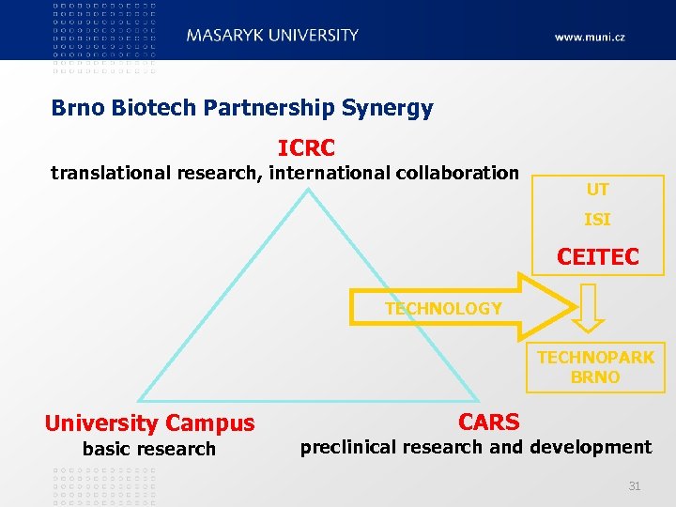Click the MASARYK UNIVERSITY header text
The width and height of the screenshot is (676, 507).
click(272, 36)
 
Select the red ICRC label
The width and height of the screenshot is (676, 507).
click(306, 148)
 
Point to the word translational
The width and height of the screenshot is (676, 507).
click(109, 173)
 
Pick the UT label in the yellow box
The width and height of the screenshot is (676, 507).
click(597, 190)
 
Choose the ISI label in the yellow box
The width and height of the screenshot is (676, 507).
click(597, 220)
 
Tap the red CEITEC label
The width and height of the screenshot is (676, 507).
click(597, 256)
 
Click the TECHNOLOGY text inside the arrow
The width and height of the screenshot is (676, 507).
click(443, 309)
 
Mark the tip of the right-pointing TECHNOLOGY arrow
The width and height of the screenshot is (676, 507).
click(574, 307)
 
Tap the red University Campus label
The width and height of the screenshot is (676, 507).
click(149, 423)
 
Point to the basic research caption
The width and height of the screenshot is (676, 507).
click(149, 449)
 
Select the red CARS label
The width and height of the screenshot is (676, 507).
click(488, 422)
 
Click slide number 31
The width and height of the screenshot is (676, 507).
click(634, 485)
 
